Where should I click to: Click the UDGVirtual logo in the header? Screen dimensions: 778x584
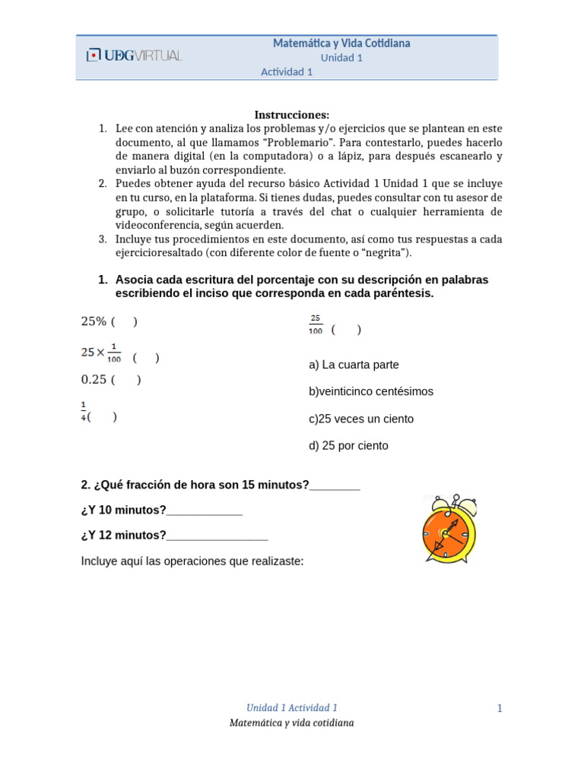pyautogui.click(x=134, y=55)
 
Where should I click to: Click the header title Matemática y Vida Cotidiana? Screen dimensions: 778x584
pyautogui.click(x=341, y=43)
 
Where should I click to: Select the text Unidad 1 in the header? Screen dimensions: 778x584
pyautogui.click(x=341, y=58)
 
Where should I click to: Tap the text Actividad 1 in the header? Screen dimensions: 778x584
pyautogui.click(x=287, y=72)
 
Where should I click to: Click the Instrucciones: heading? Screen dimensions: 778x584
pyautogui.click(x=292, y=115)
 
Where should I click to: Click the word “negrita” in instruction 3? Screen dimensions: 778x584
pyautogui.click(x=383, y=252)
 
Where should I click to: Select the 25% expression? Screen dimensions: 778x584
pyautogui.click(x=94, y=321)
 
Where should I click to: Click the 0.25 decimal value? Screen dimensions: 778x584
pyautogui.click(x=94, y=380)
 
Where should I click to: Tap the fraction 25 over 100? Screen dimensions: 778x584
pyautogui.click(x=316, y=324)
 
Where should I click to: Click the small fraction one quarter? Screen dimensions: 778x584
pyautogui.click(x=84, y=411)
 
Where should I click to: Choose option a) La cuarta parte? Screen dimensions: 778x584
pyautogui.click(x=354, y=365)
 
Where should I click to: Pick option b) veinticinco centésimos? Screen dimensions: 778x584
pyautogui.click(x=371, y=391)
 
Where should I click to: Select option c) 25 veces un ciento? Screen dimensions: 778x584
pyautogui.click(x=361, y=419)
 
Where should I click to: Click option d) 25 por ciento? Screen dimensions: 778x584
pyautogui.click(x=348, y=446)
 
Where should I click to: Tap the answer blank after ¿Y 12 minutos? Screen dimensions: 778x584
pyautogui.click(x=217, y=536)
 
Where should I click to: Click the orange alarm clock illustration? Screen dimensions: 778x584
pyautogui.click(x=449, y=528)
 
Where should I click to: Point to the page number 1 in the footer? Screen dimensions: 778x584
pyautogui.click(x=500, y=709)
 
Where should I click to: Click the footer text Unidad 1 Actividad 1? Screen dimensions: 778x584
pyautogui.click(x=292, y=707)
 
